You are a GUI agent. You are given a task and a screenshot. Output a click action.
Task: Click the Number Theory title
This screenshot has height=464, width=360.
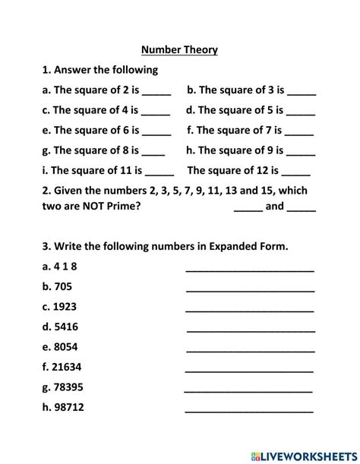179,50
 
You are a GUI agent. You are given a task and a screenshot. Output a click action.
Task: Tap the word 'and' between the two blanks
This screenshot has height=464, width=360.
274,206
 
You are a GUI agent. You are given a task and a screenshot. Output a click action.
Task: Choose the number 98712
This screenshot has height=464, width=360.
68,407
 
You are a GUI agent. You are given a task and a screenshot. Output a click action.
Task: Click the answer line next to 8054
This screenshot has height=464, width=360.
250,350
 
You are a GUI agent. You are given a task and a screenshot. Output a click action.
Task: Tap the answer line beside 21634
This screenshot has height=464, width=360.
249,371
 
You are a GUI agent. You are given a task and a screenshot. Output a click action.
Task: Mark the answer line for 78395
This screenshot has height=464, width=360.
248,390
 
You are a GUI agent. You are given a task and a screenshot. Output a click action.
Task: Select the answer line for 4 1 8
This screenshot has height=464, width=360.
250,270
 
